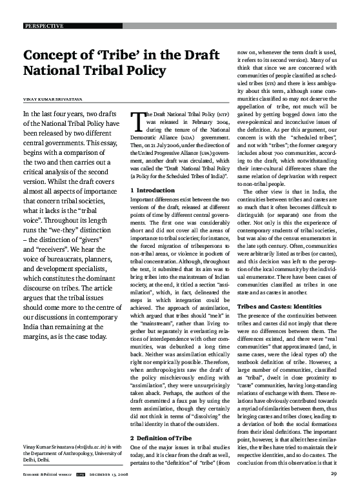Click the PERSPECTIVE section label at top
pos(44,26)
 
